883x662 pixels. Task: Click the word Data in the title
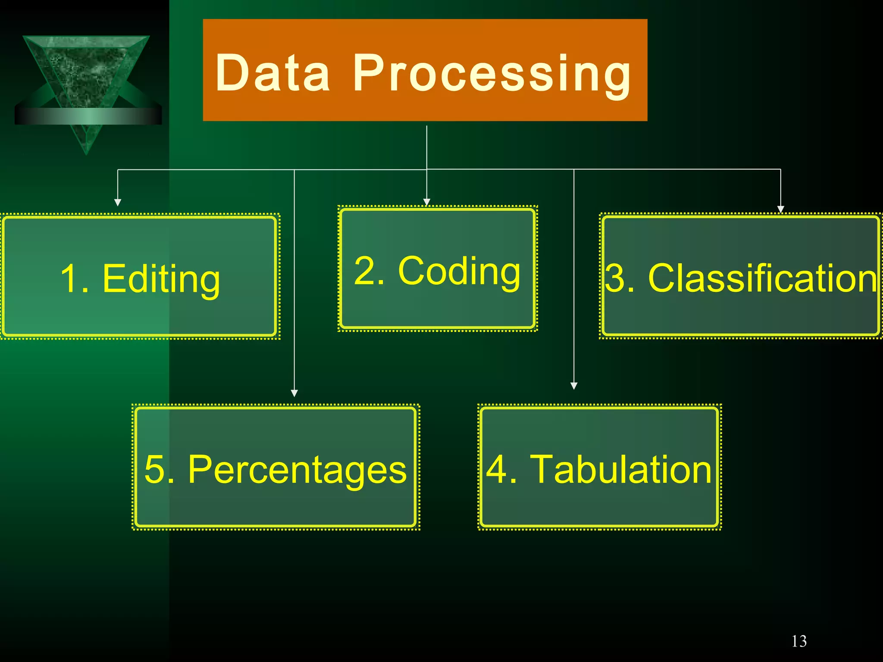(272, 73)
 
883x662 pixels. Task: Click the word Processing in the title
(492, 74)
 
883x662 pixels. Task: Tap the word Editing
(161, 279)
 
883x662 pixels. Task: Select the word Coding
(459, 272)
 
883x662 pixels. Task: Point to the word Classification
(762, 278)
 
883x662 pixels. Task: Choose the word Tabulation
(621, 470)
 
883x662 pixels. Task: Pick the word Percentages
(297, 470)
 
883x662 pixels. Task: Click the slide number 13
(799, 641)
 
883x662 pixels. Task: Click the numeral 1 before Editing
(69, 279)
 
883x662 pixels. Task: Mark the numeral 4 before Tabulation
(496, 470)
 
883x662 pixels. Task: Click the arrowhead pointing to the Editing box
(118, 203)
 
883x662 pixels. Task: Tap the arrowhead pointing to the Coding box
(427, 202)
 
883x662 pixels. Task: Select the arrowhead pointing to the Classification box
(780, 209)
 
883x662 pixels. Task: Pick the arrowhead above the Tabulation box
(574, 386)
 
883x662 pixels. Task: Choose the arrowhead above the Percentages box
(294, 393)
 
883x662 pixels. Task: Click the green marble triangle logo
(86, 73)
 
